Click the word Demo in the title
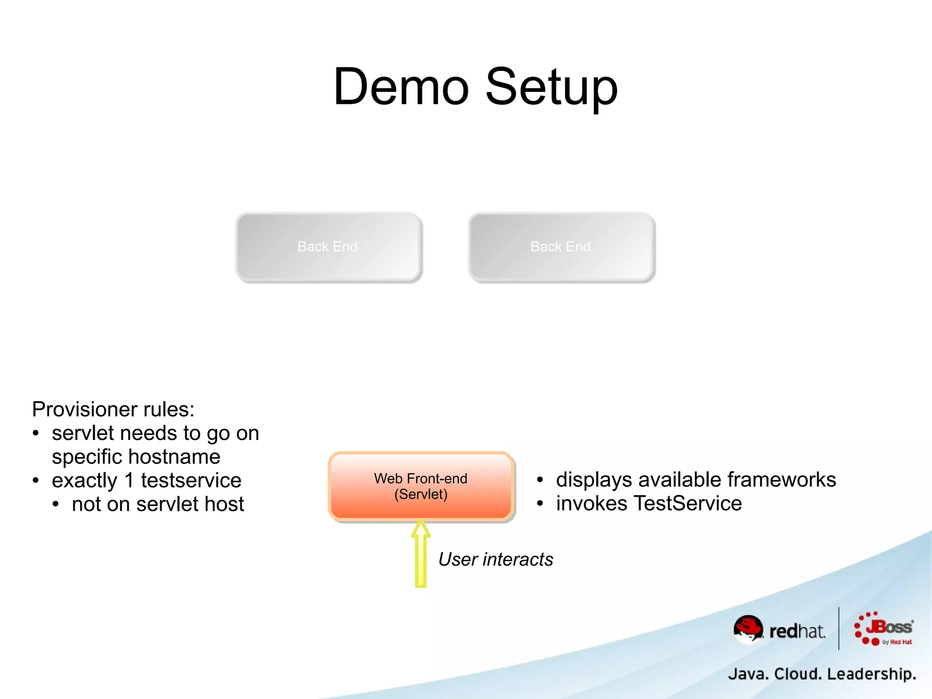point(401,87)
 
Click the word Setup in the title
point(552,87)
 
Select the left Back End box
point(328,246)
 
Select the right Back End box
point(561,246)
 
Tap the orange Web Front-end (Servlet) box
point(421,486)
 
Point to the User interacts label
point(496,559)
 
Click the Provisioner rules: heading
point(113,409)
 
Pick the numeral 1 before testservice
point(129,480)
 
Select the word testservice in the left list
point(191,480)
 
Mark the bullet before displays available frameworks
point(540,480)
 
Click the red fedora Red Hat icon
point(748,629)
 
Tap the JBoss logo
point(884,629)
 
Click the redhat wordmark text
point(797,632)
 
